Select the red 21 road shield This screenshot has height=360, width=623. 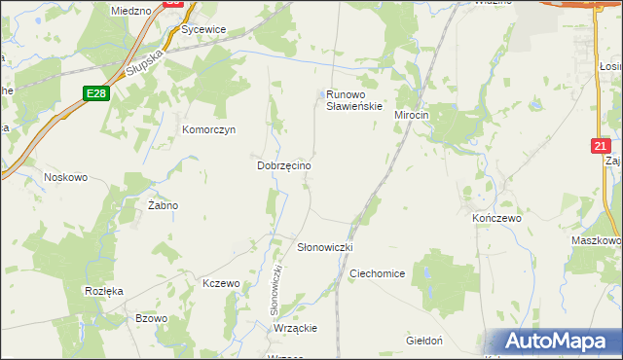click(601, 145)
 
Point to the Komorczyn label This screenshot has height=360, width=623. click(209, 129)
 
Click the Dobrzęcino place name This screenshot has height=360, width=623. click(283, 166)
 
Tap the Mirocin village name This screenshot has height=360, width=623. click(411, 115)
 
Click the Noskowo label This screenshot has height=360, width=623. click(66, 177)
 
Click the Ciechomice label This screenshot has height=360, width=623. click(377, 273)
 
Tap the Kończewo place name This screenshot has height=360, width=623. click(496, 219)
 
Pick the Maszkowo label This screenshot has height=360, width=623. click(595, 240)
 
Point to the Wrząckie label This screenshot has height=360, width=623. click(296, 328)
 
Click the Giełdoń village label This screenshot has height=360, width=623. click(424, 341)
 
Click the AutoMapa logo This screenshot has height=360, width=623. click(556, 341)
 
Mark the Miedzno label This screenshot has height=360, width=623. click(131, 10)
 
